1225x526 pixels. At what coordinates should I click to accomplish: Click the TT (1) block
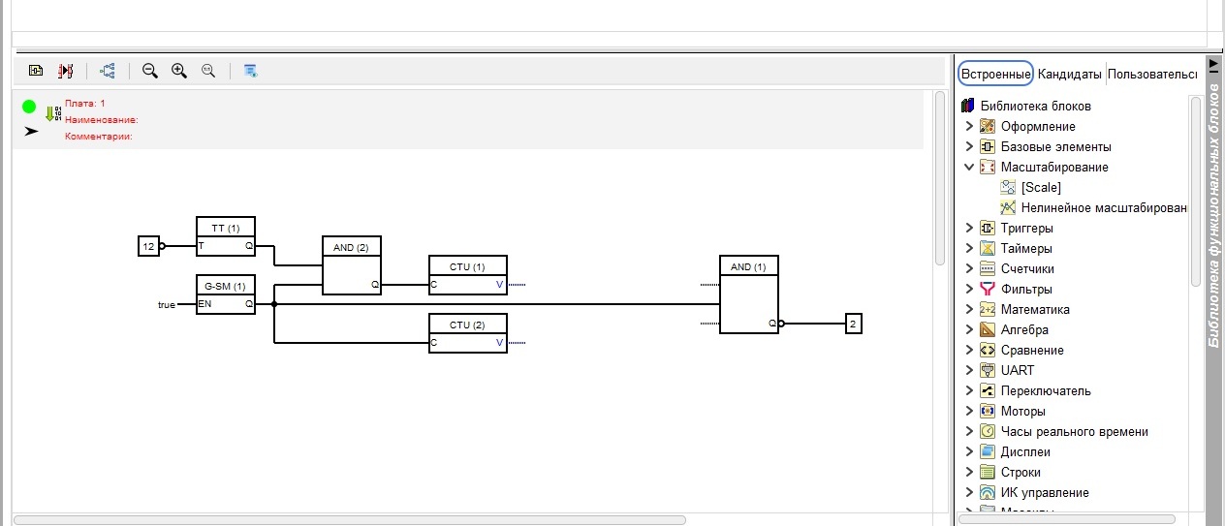[x=225, y=237]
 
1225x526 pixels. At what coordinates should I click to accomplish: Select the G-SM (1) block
[x=225, y=295]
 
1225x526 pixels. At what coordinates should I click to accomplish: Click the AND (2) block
[x=351, y=265]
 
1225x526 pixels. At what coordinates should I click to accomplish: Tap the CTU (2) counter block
[x=467, y=333]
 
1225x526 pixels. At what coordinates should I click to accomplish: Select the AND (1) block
[x=748, y=294]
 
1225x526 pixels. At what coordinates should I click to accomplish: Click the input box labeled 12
[x=148, y=246]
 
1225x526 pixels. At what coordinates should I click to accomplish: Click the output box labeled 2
[x=853, y=324]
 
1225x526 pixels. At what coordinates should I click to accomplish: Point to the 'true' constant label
[x=167, y=305]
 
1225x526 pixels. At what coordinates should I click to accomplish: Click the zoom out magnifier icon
[x=150, y=71]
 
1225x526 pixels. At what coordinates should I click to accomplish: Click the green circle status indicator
[x=29, y=107]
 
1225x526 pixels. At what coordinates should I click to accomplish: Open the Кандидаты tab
[x=1069, y=74]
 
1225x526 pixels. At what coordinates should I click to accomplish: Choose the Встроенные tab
[x=995, y=74]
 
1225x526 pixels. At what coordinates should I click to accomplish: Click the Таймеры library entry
[x=1026, y=249]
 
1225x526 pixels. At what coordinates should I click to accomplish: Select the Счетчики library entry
[x=1027, y=269]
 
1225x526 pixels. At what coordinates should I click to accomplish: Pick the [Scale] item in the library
[x=1041, y=188]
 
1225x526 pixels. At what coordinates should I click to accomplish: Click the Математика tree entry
[x=1035, y=310]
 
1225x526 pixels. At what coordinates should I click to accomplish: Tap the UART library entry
[x=1017, y=371]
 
